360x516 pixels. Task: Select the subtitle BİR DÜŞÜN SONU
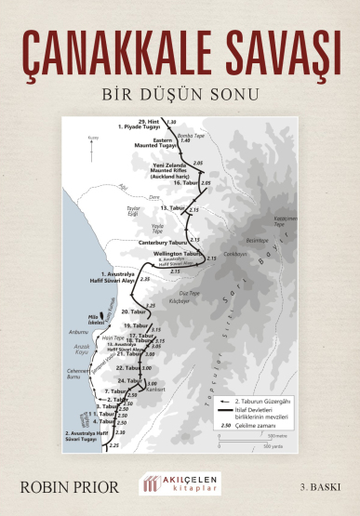180,94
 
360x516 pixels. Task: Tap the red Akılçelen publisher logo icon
151,484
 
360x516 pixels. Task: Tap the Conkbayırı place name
236,253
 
